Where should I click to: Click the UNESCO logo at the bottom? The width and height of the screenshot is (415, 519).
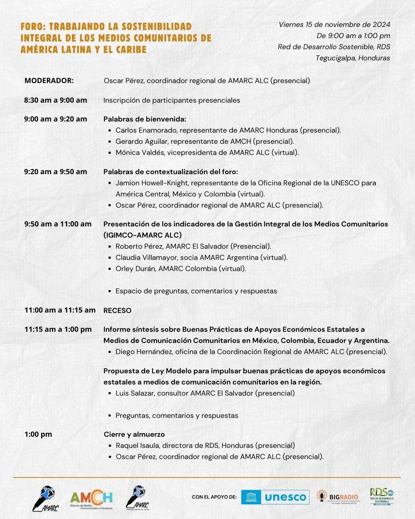point(275,497)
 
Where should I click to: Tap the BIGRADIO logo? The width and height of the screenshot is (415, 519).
point(338,497)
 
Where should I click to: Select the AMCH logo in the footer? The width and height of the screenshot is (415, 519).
point(91,499)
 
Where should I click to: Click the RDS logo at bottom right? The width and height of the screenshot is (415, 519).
point(382,496)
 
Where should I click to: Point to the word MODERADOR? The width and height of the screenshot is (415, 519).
point(49,81)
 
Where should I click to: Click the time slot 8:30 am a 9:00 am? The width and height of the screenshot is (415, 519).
point(55,100)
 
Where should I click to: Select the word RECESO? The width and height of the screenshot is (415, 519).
point(117,311)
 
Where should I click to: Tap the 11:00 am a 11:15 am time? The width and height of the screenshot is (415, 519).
point(60,310)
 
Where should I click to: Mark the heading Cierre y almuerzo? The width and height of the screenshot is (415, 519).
point(134,434)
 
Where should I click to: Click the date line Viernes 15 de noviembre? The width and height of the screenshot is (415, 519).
point(334,25)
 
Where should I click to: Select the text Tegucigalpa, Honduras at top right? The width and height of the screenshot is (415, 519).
point(352,58)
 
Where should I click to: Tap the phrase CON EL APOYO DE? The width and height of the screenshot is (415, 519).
point(214,497)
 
